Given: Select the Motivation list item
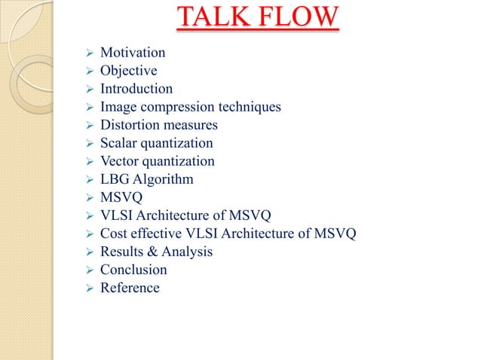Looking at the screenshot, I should tap(133, 53).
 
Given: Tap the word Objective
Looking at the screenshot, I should tap(129, 71).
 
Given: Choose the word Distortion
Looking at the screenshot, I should tap(128, 125).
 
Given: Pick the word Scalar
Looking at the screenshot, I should tap(118, 143).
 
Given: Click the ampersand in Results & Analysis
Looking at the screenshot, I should tap(153, 252).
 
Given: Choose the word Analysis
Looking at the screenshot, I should tap(188, 252).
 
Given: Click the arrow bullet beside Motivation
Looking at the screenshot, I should tap(87, 53).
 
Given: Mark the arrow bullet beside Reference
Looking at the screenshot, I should tap(87, 288).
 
